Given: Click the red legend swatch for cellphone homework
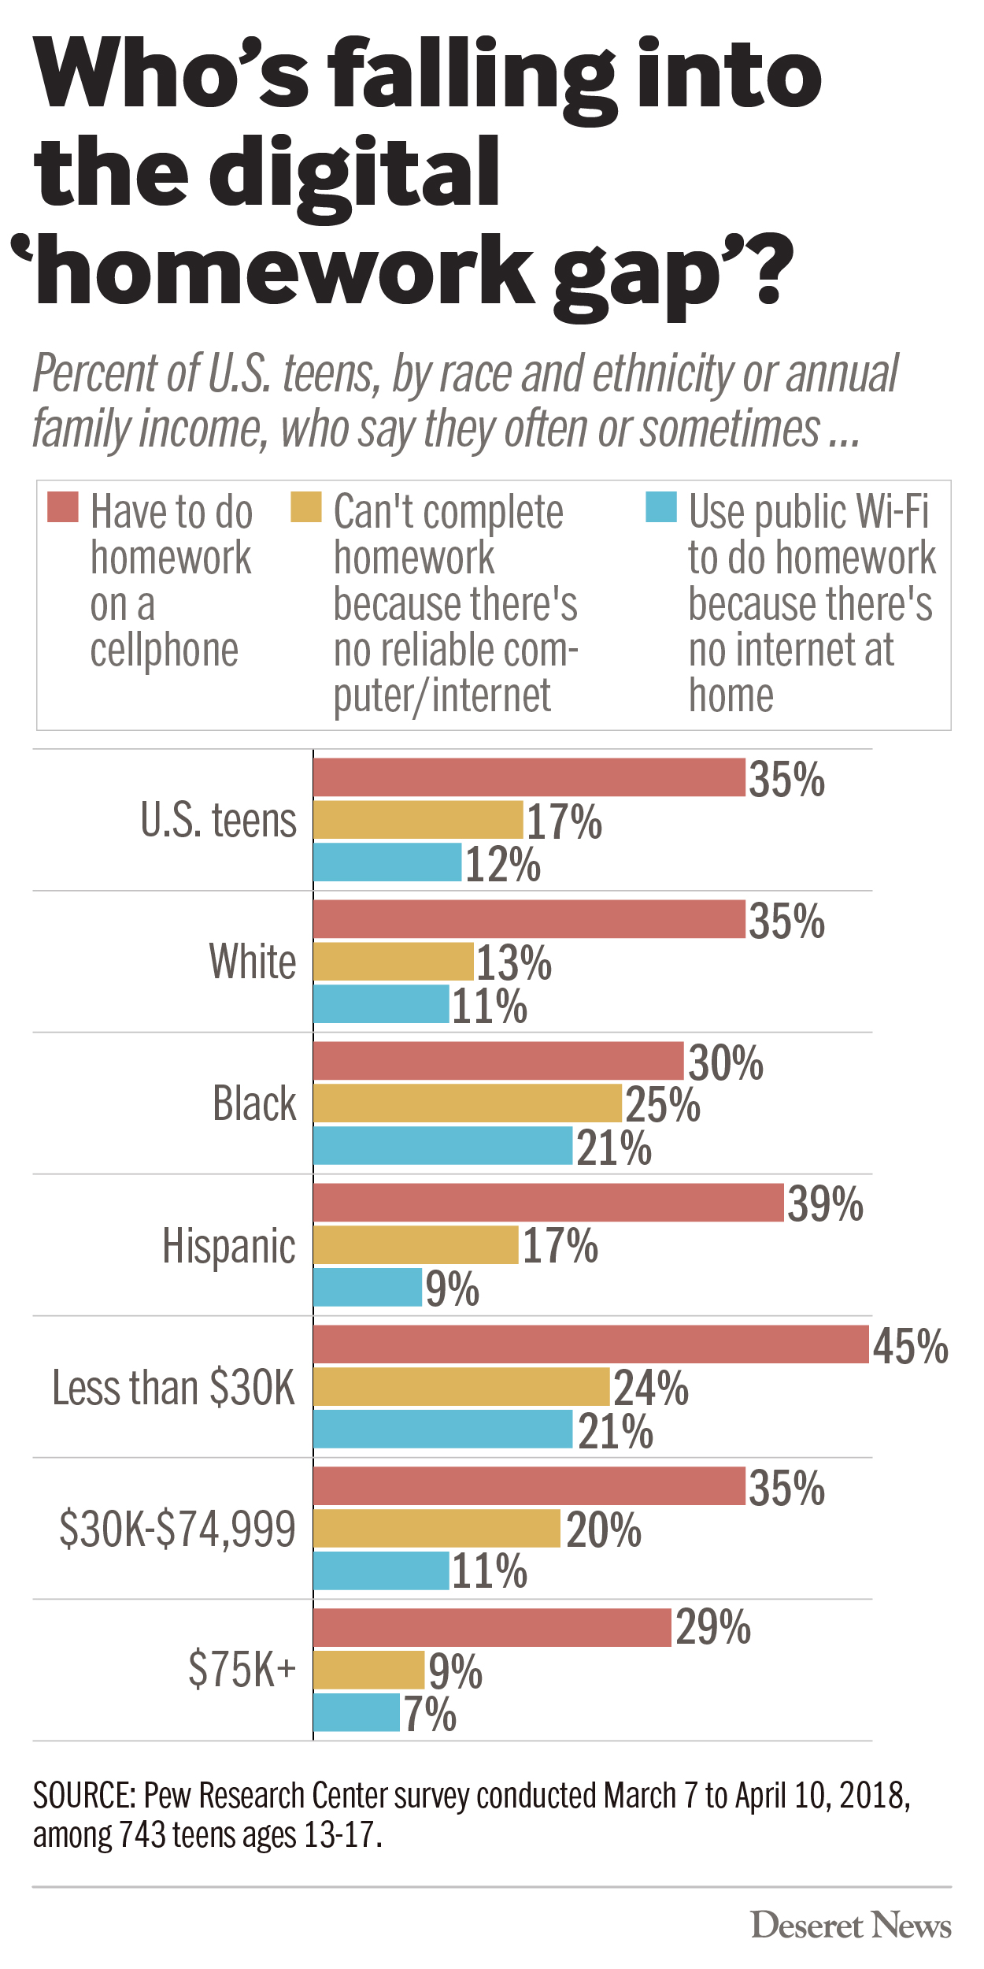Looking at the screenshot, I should point(63,507).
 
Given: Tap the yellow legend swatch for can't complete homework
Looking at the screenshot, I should point(306,507).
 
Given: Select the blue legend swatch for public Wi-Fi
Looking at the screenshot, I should point(661,507).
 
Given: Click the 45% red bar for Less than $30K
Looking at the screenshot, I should point(590,1344).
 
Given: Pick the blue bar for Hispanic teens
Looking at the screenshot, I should point(368,1287).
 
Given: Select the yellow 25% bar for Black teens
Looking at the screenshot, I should point(468,1103).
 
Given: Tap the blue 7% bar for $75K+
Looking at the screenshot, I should point(357,1712).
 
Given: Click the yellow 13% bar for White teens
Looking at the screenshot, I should point(394,962).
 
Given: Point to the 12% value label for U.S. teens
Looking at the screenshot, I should point(503,864).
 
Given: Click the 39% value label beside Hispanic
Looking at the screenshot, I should point(825,1204).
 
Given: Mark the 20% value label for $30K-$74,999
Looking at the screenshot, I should point(604,1530).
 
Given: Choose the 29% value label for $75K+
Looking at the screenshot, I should point(713,1627).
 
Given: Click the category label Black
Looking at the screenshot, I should point(254,1103).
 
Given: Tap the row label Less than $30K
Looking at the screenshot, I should point(173,1387).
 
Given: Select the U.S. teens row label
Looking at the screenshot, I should point(218,820).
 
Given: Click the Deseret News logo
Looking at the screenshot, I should point(851,1925).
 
